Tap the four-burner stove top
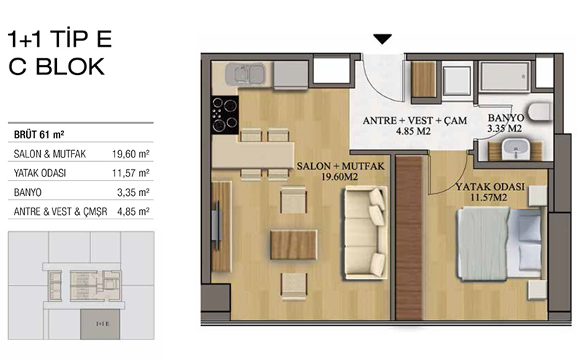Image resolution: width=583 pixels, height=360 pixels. [x=224, y=115]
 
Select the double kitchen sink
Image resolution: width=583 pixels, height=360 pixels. [x=245, y=74]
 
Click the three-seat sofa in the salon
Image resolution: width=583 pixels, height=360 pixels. [x=365, y=232]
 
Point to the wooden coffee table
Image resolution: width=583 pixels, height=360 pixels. [x=294, y=244]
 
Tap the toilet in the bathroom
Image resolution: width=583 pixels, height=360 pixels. [x=540, y=111]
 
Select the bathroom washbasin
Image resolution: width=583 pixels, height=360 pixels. [x=516, y=149]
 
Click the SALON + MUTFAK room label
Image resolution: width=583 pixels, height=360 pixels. [x=340, y=171]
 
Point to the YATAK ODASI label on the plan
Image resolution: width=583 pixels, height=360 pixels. [x=490, y=192]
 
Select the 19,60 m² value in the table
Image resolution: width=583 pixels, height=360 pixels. [x=131, y=154]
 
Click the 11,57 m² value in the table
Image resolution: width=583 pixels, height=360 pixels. [x=131, y=173]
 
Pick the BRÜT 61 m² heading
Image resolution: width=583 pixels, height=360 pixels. [x=39, y=134]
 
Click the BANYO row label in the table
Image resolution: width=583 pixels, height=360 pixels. [x=28, y=192]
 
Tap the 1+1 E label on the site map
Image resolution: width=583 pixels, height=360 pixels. [x=103, y=324]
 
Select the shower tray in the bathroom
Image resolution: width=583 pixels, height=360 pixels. [x=504, y=77]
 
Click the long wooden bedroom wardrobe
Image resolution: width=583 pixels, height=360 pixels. [x=409, y=238]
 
